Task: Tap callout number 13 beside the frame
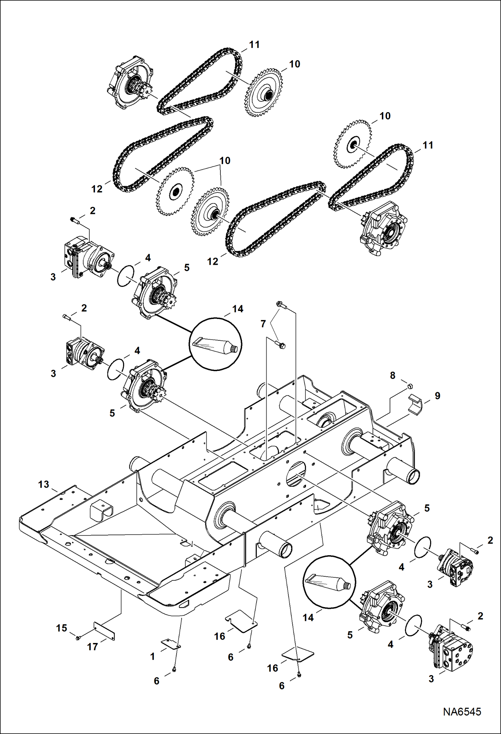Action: [43, 484]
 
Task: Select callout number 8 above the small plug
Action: [393, 376]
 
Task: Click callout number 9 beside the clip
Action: [437, 396]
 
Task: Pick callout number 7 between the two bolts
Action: [263, 324]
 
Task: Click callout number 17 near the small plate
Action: [92, 647]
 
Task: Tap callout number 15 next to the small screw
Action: [62, 628]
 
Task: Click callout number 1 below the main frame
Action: [153, 656]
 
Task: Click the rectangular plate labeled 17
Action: [104, 631]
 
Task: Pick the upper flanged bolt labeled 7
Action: [280, 305]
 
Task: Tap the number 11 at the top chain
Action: [254, 45]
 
